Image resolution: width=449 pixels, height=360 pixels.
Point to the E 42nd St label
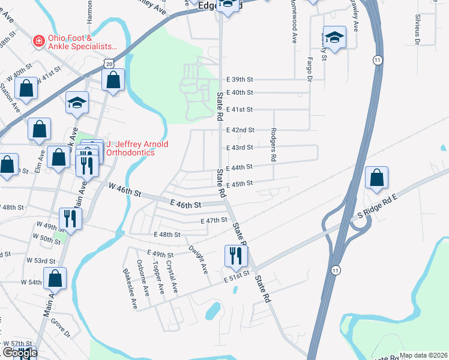(240, 130)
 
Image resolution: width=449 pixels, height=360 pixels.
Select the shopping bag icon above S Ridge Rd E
(376, 178)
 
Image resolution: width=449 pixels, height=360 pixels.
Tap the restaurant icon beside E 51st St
(235, 256)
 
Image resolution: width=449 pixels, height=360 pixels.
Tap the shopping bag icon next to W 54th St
(55, 278)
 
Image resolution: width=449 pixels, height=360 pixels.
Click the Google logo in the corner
(19, 353)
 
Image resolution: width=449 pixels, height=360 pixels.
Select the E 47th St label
(214, 220)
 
